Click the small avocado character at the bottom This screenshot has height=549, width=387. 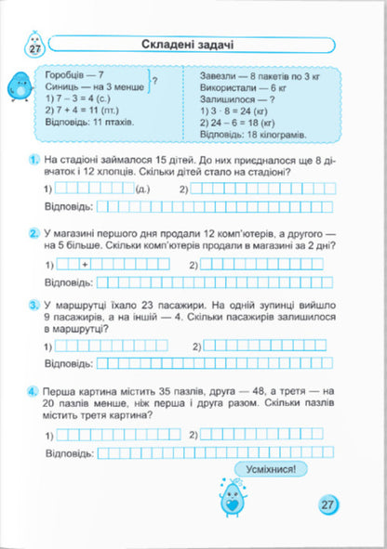point(227,498)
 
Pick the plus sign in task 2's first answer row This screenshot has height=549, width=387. point(85,267)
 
